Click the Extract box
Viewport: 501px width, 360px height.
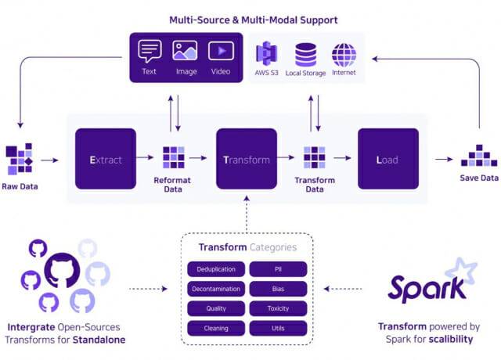[x=106, y=159]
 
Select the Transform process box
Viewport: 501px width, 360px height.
[x=247, y=159]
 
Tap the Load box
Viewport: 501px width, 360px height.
[x=388, y=159]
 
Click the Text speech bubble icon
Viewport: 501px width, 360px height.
[x=150, y=51]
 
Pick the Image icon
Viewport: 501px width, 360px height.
[x=185, y=50]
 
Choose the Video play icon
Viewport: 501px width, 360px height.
[x=221, y=51]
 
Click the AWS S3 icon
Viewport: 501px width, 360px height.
[x=266, y=53]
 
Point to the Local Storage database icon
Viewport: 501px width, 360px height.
[x=305, y=55]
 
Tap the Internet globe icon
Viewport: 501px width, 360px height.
[x=344, y=55]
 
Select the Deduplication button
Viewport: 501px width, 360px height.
[x=216, y=269]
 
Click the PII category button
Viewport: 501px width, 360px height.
[x=278, y=269]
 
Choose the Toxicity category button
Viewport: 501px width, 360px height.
[x=278, y=308]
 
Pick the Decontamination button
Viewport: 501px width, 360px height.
[x=216, y=289]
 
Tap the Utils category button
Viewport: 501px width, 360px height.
[x=278, y=329]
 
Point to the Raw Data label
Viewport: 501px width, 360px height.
[x=20, y=186]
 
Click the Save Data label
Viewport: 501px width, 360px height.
[x=479, y=178]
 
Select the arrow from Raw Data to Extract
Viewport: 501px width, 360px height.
[x=49, y=160]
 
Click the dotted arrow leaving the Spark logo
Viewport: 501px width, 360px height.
[x=343, y=289]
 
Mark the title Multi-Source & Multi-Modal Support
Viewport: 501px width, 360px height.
[x=254, y=20]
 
